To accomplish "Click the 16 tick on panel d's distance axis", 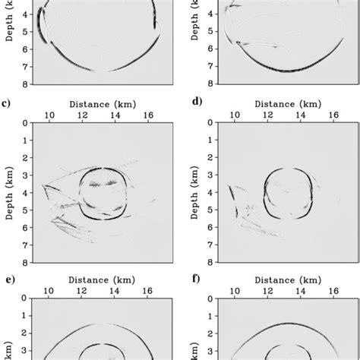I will [333, 115].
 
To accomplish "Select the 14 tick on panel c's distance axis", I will [114, 115].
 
